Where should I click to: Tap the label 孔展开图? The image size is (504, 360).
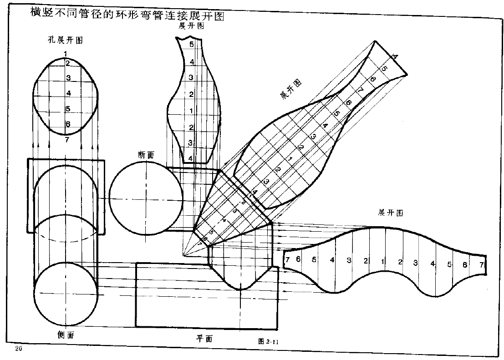pyautogui.click(x=66, y=40)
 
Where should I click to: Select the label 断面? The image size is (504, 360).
pyautogui.click(x=146, y=155)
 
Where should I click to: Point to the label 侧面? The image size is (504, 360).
pyautogui.click(x=66, y=335)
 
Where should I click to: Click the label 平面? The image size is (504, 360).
pyautogui.click(x=204, y=338)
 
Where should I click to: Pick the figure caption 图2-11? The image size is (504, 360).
pyautogui.click(x=268, y=340)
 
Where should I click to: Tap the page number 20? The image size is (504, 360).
pyautogui.click(x=18, y=349)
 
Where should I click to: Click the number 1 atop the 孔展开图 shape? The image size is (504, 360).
pyautogui.click(x=66, y=54)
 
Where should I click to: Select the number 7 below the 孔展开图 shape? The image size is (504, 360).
pyautogui.click(x=67, y=139)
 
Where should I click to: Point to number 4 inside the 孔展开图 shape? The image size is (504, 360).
pyautogui.click(x=68, y=93)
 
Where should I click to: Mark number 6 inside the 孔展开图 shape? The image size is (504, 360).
pyautogui.click(x=68, y=124)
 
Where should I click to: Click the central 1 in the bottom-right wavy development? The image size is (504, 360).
pyautogui.click(x=383, y=261)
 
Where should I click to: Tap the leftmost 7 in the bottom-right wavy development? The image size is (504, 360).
pyautogui.click(x=288, y=260)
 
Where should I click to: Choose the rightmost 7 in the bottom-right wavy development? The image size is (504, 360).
pyautogui.click(x=481, y=264)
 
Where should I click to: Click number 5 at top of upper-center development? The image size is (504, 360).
pyautogui.click(x=192, y=45)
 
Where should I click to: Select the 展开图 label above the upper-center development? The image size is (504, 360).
pyautogui.click(x=191, y=26)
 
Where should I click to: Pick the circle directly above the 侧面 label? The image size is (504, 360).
pyautogui.click(x=66, y=294)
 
